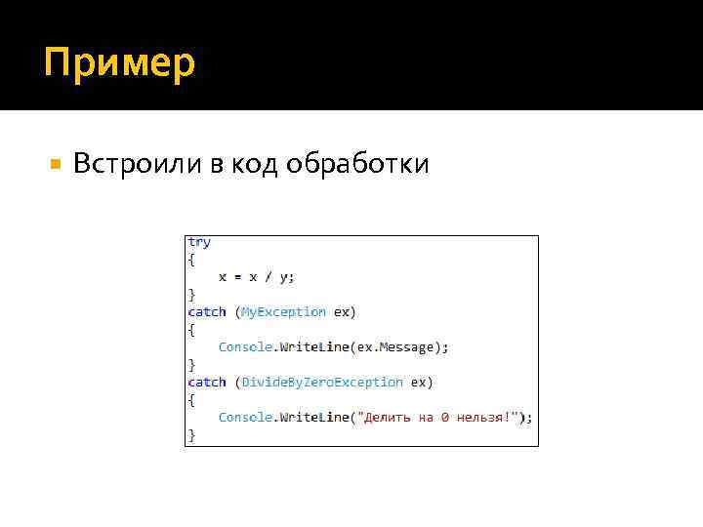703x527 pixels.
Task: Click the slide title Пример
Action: click(x=119, y=63)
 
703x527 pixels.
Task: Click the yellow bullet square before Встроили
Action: click(x=55, y=163)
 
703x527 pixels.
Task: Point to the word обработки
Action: click(x=357, y=164)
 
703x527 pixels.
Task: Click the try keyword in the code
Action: click(x=199, y=242)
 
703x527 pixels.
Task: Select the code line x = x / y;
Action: click(x=256, y=276)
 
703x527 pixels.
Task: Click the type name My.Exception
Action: click(x=283, y=311)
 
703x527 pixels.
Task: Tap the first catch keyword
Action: click(x=207, y=311)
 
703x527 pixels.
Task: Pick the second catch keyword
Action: click(x=207, y=382)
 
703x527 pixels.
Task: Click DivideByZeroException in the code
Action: click(x=322, y=382)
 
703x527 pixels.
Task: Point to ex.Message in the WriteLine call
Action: click(x=400, y=346)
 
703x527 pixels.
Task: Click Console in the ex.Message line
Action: click(x=245, y=346)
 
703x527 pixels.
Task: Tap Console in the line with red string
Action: click(x=245, y=417)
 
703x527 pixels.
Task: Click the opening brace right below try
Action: click(x=191, y=260)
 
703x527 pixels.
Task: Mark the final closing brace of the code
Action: click(x=191, y=435)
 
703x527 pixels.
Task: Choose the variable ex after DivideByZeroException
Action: click(x=418, y=382)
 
